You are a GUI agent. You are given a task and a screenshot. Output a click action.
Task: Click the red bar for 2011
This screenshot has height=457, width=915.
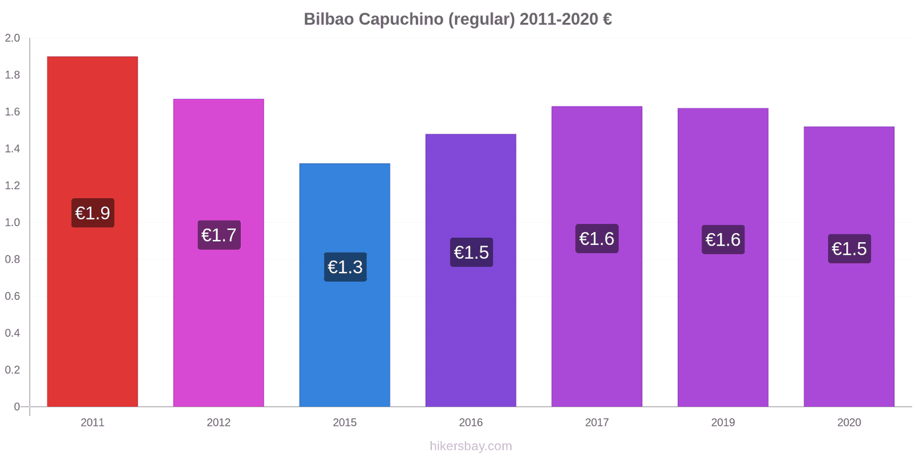[92, 231]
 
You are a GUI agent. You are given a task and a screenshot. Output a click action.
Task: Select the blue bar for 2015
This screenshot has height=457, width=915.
[344, 285]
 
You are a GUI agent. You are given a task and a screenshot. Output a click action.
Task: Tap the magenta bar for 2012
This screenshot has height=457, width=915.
[218, 252]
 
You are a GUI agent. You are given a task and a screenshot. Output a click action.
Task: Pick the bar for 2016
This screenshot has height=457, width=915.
[471, 270]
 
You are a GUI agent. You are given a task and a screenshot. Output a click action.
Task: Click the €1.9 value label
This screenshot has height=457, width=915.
[93, 213]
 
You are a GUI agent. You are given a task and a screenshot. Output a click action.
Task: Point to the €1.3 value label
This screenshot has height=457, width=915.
[345, 267]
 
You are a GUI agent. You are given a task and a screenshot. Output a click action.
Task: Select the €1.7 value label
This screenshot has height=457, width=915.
[219, 235]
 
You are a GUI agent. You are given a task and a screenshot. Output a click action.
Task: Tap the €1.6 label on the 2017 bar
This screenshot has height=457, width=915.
[597, 239]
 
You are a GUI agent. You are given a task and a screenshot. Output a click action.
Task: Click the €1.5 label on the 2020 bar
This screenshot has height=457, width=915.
[849, 249]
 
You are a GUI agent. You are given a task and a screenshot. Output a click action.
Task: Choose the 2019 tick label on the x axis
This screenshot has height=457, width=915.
[723, 422]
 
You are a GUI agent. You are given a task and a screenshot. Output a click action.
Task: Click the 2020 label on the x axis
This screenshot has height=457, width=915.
[849, 422]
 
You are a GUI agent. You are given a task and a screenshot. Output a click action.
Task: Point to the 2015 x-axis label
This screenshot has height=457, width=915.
[344, 422]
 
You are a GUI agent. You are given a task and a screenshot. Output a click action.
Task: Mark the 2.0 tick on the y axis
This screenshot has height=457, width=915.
[12, 38]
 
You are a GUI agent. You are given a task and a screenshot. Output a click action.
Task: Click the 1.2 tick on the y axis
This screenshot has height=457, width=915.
[12, 186]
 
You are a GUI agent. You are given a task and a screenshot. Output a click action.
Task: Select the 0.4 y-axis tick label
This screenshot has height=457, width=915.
[12, 333]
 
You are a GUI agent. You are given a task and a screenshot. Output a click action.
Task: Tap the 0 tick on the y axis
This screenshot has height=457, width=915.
[17, 407]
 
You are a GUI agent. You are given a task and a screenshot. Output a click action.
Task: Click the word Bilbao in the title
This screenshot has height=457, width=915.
[329, 19]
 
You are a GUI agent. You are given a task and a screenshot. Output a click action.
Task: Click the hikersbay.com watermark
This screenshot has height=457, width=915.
[471, 446]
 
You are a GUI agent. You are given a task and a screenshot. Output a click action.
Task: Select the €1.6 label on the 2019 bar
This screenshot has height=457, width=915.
[723, 240]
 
